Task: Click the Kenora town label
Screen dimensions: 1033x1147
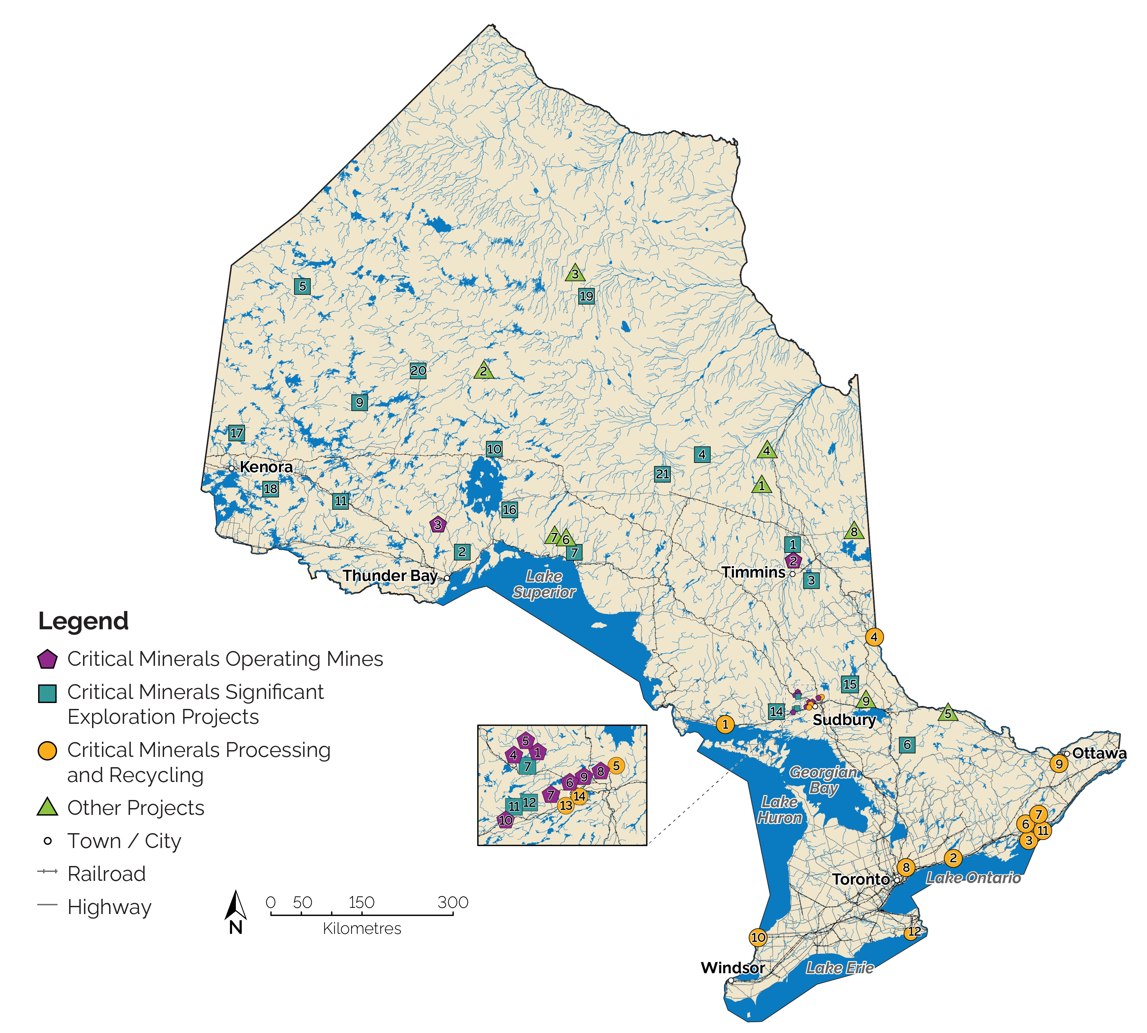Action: (266, 467)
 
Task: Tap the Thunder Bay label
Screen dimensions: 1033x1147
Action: (390, 576)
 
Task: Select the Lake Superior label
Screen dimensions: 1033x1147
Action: (544, 584)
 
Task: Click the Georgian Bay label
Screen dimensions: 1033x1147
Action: (823, 780)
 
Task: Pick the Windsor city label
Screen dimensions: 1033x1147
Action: (733, 967)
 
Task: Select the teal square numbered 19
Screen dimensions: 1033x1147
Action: (586, 296)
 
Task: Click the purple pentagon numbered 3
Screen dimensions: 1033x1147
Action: (437, 525)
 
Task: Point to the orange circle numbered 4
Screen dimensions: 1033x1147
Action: (874, 637)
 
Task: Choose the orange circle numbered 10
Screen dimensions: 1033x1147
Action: (758, 937)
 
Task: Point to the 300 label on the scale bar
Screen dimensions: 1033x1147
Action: (452, 902)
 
